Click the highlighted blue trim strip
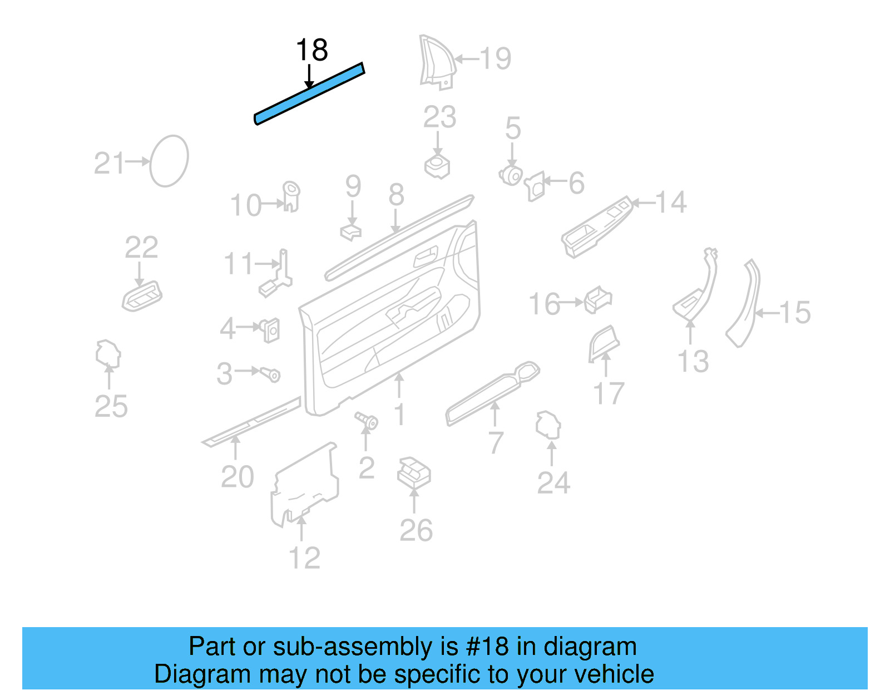tap(309, 93)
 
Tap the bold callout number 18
tap(311, 51)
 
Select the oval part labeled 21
tap(169, 161)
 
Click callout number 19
tap(496, 58)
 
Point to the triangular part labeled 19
tap(437, 61)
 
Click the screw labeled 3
tap(271, 374)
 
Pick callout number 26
tap(416, 530)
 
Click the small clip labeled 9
tap(350, 231)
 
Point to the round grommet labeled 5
tap(511, 176)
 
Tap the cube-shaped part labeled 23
tap(437, 166)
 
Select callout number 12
tap(305, 558)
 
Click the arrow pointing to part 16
tap(571, 303)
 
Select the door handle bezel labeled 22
tap(142, 297)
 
